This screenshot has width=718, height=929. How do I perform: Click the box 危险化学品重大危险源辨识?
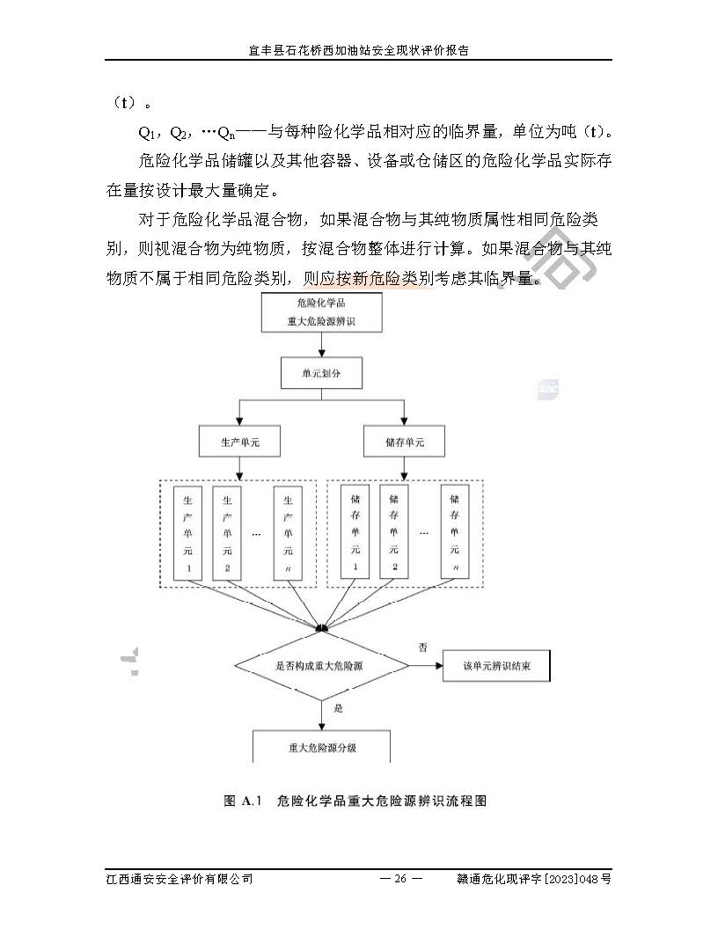322,313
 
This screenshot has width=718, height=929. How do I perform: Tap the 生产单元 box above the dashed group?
240,442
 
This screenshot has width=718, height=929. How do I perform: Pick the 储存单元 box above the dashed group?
404,442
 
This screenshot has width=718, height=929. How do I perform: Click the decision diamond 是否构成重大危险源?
320,666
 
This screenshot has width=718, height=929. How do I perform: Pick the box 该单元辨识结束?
497,666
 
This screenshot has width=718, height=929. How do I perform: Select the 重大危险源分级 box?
321,747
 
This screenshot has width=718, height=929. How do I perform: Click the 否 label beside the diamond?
422,647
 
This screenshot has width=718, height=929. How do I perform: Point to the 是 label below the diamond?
338,706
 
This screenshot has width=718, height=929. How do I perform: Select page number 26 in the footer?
400,879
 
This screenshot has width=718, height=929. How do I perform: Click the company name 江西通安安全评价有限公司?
179,879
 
